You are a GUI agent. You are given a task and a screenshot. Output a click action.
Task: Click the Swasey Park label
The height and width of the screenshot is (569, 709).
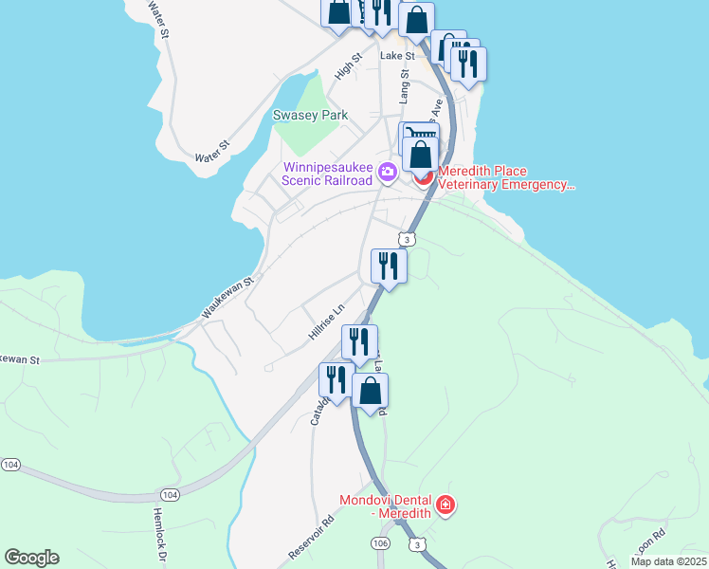(310, 116)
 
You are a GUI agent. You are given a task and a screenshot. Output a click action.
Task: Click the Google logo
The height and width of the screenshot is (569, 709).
(31, 558)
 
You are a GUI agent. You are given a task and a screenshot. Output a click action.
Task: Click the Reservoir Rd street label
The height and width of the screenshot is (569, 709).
(314, 537)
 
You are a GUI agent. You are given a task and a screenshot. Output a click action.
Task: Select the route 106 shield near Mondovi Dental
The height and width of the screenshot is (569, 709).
(380, 542)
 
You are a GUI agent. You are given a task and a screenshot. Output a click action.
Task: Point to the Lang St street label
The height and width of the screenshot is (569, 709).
(404, 85)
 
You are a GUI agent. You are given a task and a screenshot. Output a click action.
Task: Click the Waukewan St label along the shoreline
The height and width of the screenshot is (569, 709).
(228, 298)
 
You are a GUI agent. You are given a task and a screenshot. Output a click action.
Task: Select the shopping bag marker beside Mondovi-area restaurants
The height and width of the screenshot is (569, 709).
(371, 390)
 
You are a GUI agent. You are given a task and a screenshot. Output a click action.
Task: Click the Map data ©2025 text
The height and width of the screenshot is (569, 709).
(668, 561)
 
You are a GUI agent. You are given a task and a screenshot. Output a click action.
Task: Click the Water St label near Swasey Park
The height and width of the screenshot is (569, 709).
(212, 151)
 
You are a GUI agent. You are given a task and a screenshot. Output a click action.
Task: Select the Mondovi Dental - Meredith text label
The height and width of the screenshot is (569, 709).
(386, 505)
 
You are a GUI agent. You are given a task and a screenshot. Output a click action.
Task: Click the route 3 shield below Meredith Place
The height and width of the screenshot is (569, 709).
(407, 240)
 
